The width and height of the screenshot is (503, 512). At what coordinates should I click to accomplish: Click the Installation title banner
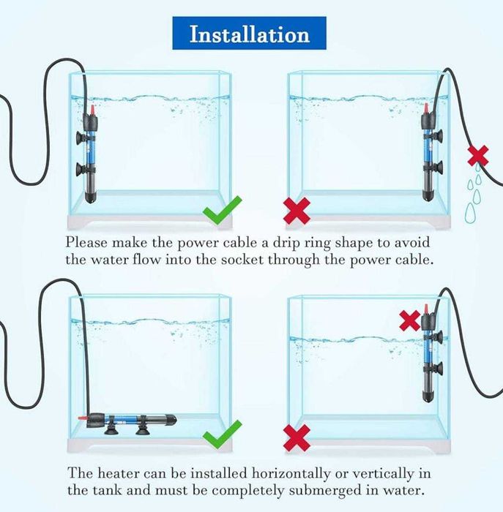pos(249,34)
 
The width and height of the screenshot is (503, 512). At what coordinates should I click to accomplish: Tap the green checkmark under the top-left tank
pos(222,211)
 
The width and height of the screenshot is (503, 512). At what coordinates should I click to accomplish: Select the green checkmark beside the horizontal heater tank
pos(222,435)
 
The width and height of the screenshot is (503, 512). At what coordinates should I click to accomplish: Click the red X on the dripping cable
pos(478,155)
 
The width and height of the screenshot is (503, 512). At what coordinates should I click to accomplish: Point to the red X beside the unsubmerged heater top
pos(410,320)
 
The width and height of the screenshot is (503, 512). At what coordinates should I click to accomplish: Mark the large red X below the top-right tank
pos(297,211)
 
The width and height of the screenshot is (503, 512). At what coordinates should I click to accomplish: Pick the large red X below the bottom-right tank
pos(297,438)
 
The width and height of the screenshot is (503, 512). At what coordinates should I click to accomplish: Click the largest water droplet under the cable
pos(469,213)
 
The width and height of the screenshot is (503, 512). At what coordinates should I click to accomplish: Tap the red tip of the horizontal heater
pos(82,418)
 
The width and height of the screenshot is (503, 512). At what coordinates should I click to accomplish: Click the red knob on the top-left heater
pos(92,110)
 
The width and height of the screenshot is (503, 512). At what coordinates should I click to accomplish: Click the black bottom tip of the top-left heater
pos(91,197)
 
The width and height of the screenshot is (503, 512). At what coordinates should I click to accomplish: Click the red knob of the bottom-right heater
pos(426,309)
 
